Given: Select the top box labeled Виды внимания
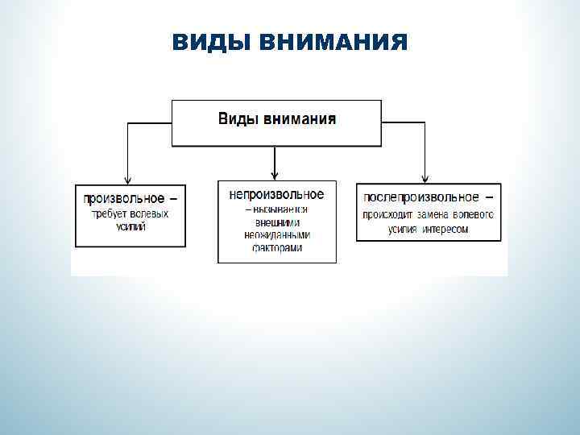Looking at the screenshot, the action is point(277,122).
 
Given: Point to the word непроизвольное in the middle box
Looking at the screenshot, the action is point(276,195).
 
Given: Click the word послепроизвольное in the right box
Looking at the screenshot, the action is point(420,197).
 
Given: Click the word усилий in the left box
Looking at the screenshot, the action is point(131,227).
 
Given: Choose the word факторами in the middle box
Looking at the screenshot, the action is point(276,248).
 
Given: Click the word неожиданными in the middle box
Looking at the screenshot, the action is point(276,235).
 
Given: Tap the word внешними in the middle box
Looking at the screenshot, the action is point(276,222).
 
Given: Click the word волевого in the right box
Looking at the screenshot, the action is point(473,215).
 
